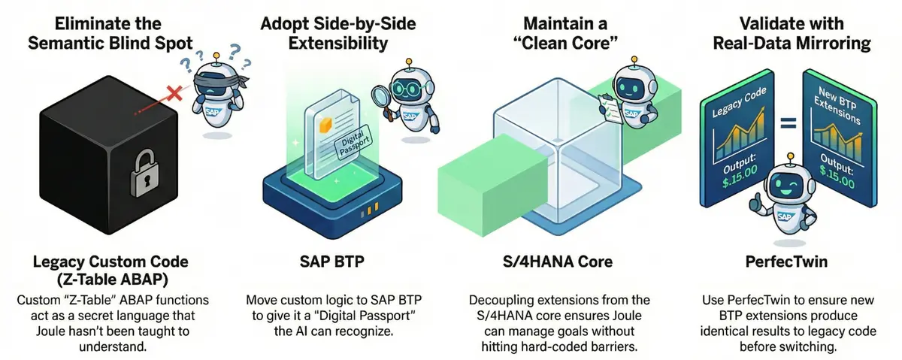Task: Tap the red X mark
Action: coord(174,93)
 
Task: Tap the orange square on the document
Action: coord(325,120)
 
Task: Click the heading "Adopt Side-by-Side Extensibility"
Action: coord(337,32)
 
